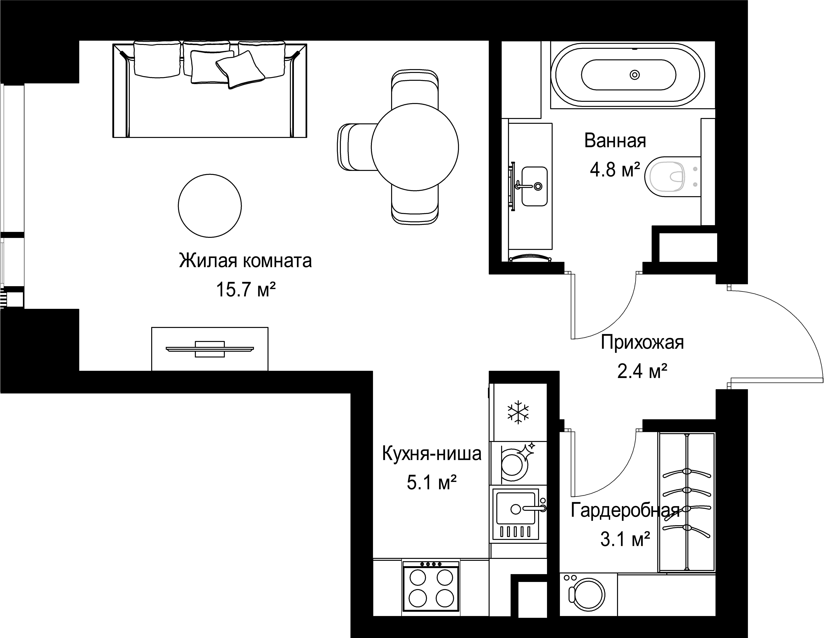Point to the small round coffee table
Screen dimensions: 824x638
click(x=210, y=206)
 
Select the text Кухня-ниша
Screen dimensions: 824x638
click(x=432, y=454)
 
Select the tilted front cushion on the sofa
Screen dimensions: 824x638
click(x=240, y=70)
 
